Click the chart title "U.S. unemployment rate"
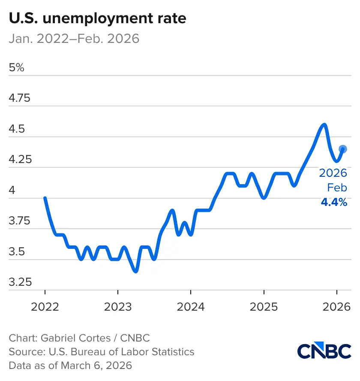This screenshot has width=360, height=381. pyautogui.click(x=97, y=19)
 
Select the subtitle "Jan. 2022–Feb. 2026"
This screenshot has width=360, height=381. pyautogui.click(x=74, y=39)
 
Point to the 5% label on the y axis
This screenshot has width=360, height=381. pyautogui.click(x=17, y=68)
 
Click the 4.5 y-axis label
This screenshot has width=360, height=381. pyautogui.click(x=18, y=129)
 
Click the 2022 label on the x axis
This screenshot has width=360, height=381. pyautogui.click(x=45, y=307)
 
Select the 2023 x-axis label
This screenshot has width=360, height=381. pyautogui.click(x=118, y=307)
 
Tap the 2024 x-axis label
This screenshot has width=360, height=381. pyautogui.click(x=191, y=307)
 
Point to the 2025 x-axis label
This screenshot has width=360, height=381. pyautogui.click(x=264, y=307)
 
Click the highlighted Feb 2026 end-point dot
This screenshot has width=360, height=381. pyautogui.click(x=342, y=149)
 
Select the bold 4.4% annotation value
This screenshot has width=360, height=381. pyautogui.click(x=334, y=203)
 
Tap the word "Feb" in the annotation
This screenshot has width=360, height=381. pyautogui.click(x=337, y=188)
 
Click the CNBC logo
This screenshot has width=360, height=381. pyautogui.click(x=324, y=351)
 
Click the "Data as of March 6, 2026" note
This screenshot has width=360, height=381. pyautogui.click(x=71, y=366)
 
